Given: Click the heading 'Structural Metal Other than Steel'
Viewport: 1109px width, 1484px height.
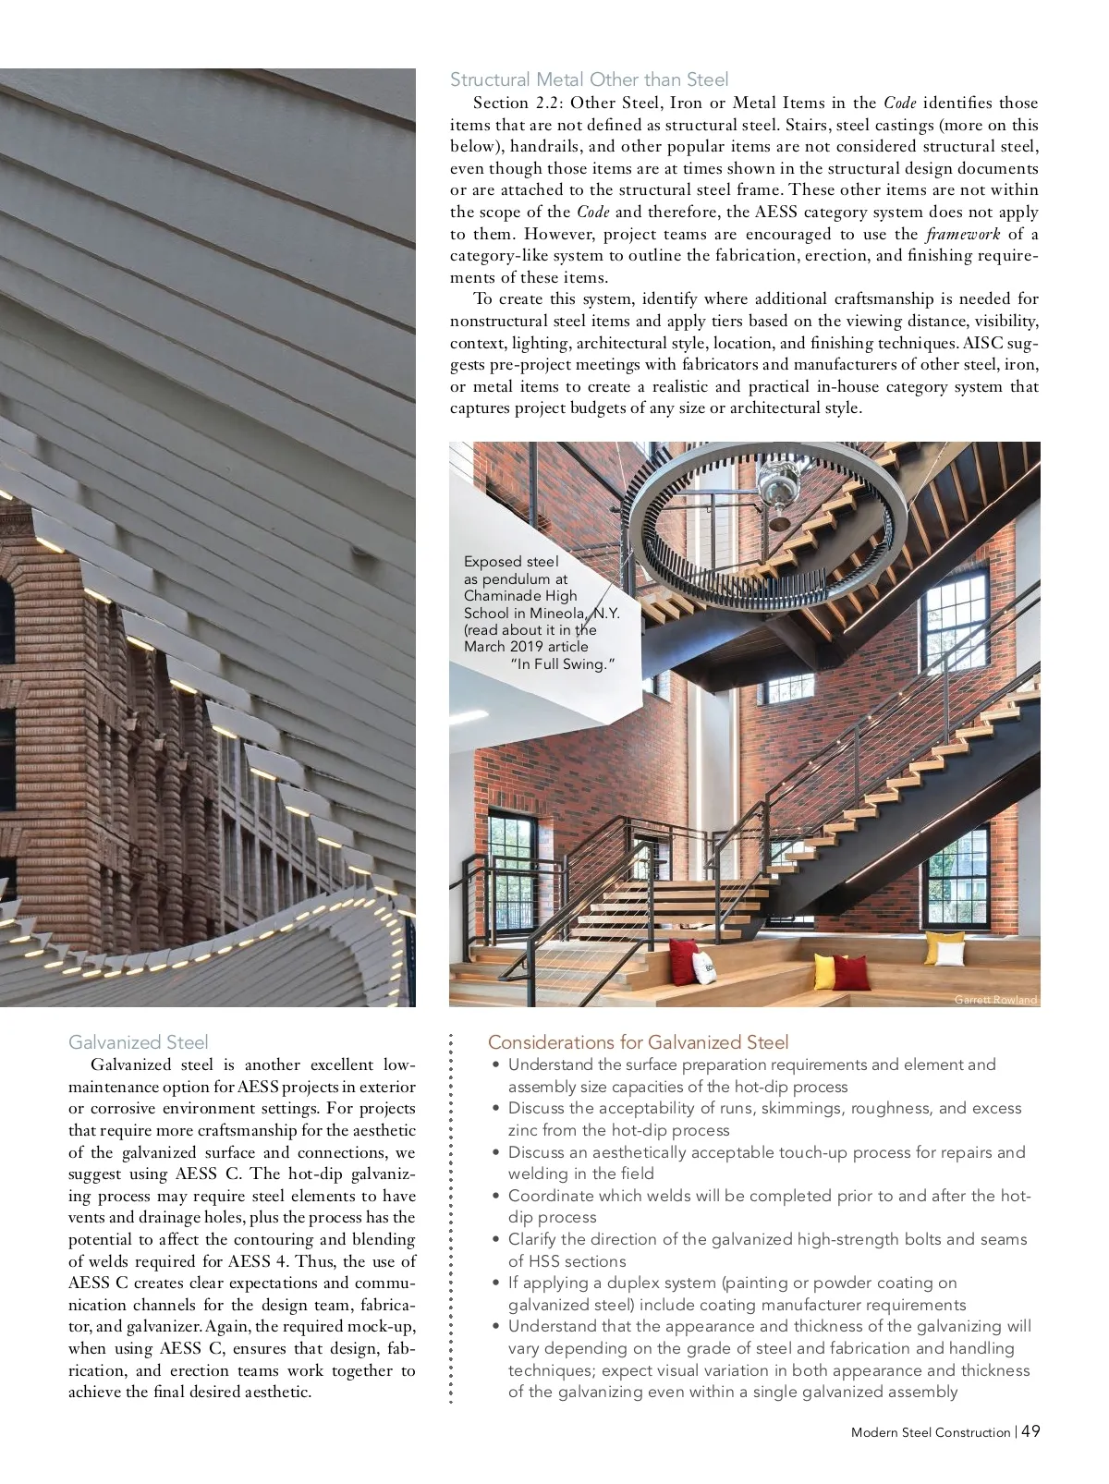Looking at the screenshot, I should click(x=589, y=79).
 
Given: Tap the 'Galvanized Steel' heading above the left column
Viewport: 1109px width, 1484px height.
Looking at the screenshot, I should click(x=139, y=1042).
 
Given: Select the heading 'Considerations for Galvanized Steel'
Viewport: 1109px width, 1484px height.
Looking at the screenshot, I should click(x=638, y=1042).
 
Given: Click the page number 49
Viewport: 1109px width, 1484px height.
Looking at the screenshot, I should click(x=1031, y=1431).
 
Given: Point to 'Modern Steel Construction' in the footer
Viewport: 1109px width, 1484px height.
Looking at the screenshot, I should click(x=930, y=1432).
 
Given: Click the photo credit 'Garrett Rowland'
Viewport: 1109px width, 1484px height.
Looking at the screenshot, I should click(x=995, y=1000).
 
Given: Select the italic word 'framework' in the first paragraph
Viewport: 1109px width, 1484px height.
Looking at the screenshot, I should click(x=962, y=234).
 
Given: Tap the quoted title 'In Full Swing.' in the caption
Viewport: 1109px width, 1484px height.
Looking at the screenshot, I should click(x=563, y=663).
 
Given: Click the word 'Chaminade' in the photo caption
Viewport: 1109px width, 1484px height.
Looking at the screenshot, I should click(x=520, y=596).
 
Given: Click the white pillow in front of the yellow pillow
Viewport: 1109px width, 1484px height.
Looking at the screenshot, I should click(x=944, y=953).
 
